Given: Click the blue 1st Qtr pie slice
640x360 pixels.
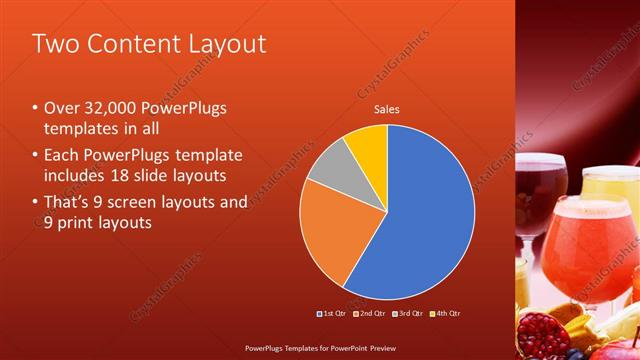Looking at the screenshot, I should coord(425,220).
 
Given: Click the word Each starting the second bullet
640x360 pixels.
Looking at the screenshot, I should coord(62,155).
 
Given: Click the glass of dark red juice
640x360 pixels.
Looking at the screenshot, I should coord(544,185).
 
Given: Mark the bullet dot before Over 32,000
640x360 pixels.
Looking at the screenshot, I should coord(35,108).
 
